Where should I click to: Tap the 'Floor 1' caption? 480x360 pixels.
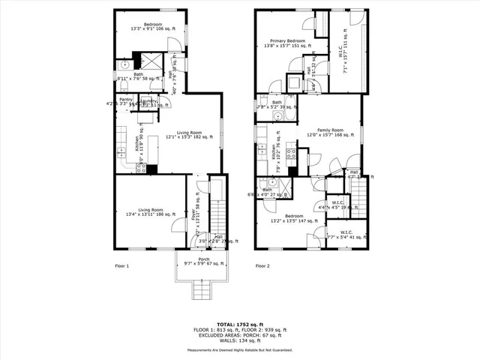[x=121, y=266]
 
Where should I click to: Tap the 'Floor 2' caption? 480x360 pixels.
[x=262, y=266]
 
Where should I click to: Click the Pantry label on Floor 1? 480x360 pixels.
[x=125, y=100]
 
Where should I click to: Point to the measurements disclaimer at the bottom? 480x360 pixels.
[x=240, y=349]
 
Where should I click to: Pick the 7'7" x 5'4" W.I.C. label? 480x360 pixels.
[x=346, y=234]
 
